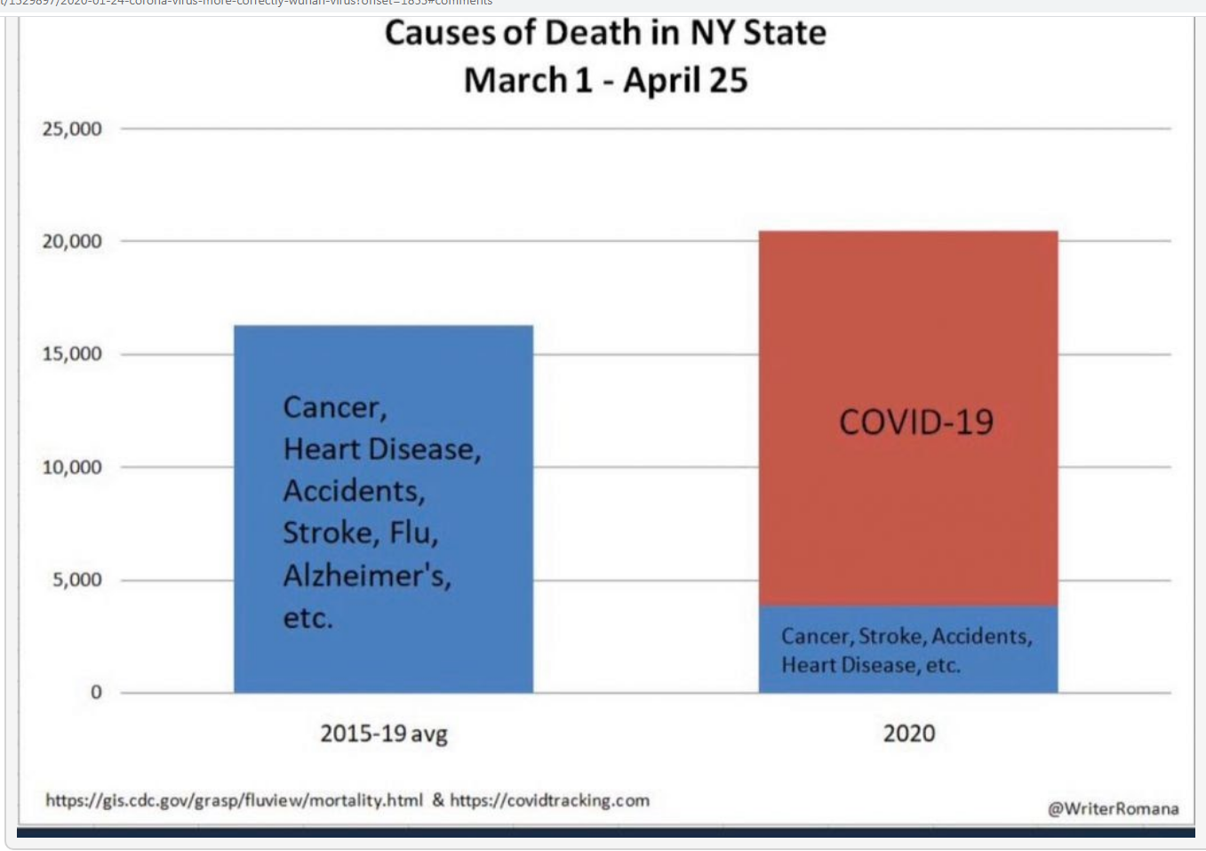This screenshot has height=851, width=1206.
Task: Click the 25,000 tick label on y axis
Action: click(72, 129)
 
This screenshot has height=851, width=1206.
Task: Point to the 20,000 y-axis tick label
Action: click(72, 241)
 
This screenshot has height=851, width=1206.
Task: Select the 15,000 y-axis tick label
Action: click(72, 354)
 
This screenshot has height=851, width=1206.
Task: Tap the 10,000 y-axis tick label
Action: click(72, 467)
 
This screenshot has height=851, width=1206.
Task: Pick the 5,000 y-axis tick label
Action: click(76, 580)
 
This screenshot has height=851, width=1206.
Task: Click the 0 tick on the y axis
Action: click(96, 692)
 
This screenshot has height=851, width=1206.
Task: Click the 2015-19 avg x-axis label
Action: click(384, 734)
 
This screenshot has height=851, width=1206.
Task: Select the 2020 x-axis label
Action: click(908, 734)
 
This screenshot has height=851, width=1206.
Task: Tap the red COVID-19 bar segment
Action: click(907, 516)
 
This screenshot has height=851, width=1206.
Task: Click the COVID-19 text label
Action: click(916, 422)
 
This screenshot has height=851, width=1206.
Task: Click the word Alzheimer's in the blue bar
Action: click(367, 576)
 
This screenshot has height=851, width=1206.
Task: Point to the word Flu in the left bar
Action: click(413, 533)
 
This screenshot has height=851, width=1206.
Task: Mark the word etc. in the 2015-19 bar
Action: click(307, 618)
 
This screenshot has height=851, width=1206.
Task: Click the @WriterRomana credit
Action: click(1113, 808)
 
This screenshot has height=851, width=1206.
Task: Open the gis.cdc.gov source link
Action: click(234, 800)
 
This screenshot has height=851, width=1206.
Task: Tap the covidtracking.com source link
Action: click(549, 800)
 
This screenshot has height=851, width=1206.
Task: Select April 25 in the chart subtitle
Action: click(685, 80)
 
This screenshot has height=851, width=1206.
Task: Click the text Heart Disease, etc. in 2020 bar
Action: click(871, 665)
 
